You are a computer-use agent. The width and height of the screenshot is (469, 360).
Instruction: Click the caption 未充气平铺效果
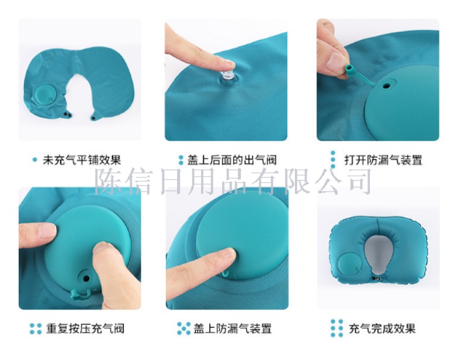[x=81, y=160]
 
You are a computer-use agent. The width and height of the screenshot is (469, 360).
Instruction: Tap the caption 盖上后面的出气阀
[x=232, y=160]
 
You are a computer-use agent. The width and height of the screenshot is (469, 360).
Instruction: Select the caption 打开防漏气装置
[x=383, y=160]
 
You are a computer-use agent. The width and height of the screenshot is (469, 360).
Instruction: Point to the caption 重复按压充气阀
[x=85, y=328]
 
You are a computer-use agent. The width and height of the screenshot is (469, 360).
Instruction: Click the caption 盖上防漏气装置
[x=232, y=328]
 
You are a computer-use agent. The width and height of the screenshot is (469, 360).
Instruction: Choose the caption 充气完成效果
[x=382, y=328]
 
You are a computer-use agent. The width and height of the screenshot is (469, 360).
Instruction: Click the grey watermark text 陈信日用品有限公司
[x=233, y=181]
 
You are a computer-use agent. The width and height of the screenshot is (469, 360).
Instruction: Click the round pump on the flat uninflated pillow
[x=45, y=94]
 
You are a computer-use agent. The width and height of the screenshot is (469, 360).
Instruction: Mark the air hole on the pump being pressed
[x=86, y=279]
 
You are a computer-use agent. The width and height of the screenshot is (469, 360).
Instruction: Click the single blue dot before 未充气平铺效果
[x=35, y=160]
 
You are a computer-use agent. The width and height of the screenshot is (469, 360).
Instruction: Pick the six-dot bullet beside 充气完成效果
[x=337, y=328]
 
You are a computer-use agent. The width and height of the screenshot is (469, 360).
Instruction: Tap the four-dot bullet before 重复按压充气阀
[x=36, y=328]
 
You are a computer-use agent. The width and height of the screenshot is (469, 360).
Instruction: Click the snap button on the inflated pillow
[x=376, y=279]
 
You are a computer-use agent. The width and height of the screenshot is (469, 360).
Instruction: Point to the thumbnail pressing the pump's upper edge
[x=47, y=231]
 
